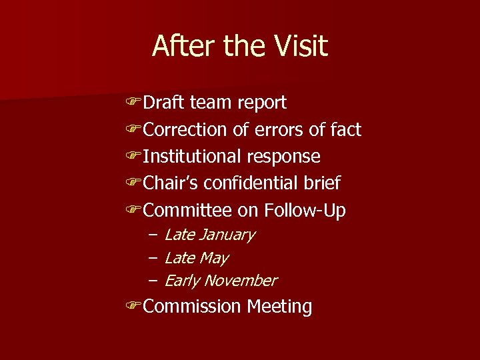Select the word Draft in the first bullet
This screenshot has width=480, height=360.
point(165,103)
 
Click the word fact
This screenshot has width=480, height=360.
point(346,129)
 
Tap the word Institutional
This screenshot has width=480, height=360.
point(193,157)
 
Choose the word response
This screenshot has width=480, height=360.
point(284,157)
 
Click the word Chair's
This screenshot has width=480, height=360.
point(171,183)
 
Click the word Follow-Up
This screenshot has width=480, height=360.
point(305,211)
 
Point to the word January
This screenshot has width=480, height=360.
point(227,235)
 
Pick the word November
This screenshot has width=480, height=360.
point(240,281)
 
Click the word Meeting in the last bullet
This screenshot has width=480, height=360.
point(279,307)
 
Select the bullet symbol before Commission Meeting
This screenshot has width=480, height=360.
point(133,307)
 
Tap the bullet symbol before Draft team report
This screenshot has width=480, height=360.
point(133,103)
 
